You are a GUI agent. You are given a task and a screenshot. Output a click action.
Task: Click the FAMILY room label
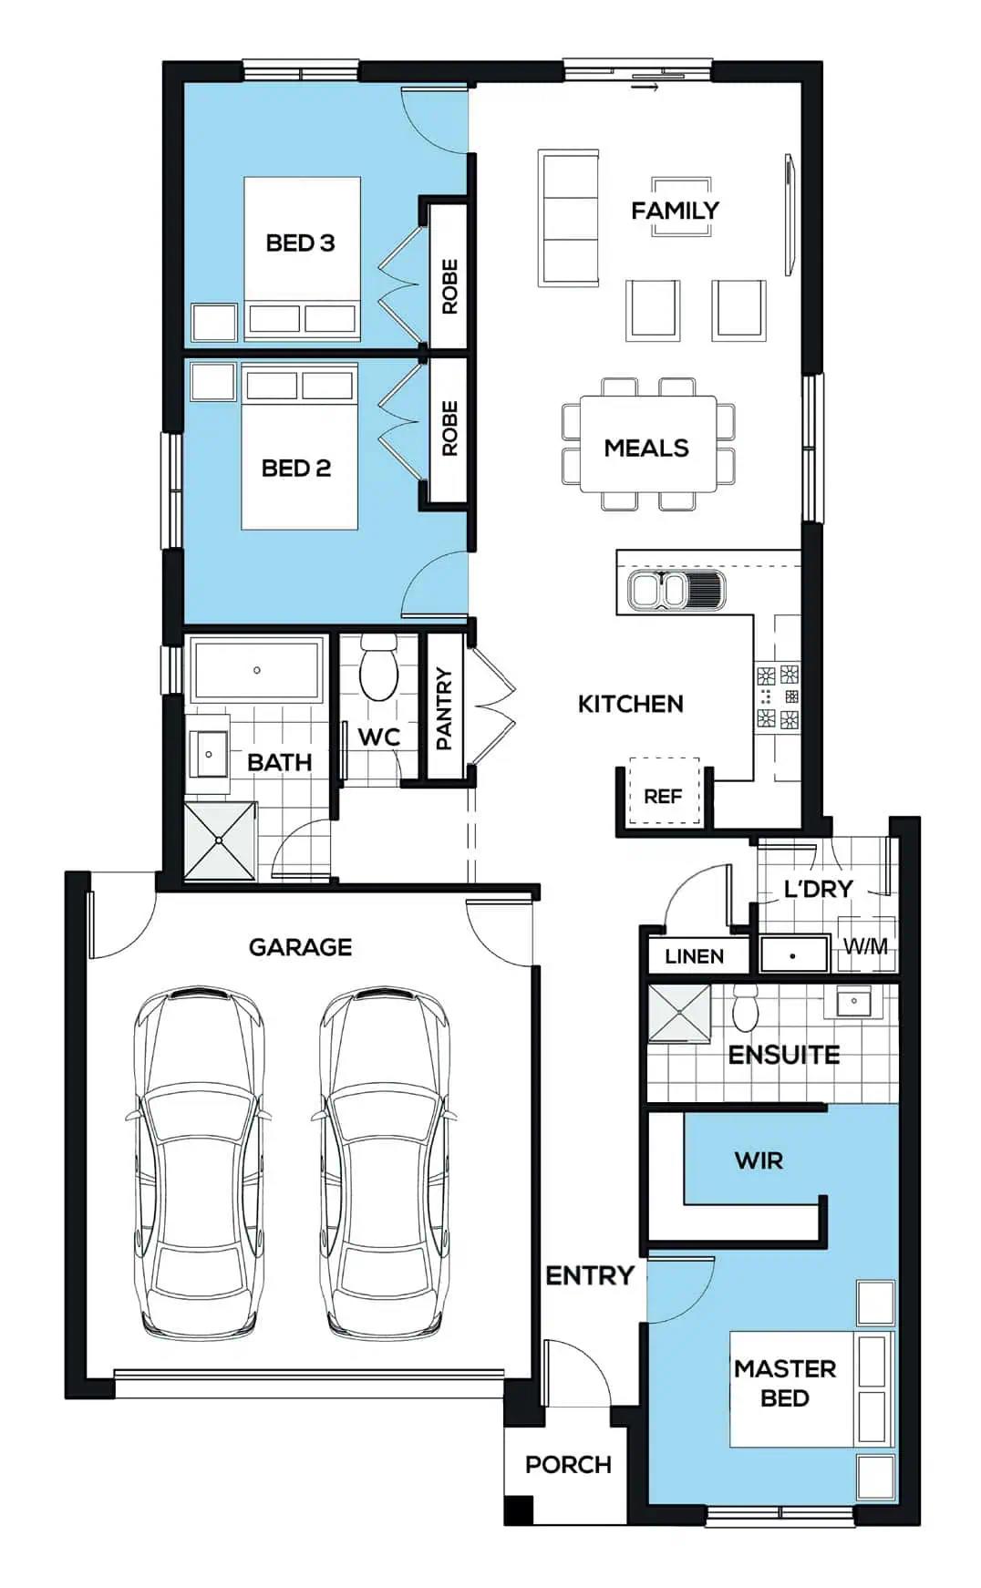coord(675,211)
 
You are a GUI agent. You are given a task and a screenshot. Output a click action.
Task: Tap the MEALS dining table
coord(648,444)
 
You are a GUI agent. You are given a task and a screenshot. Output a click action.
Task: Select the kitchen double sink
coord(676,590)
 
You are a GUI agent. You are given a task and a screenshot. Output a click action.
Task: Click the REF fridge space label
coord(663,796)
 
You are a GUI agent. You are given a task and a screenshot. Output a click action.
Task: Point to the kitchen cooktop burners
coord(778,697)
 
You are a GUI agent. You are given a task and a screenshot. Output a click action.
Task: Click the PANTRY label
coord(444,707)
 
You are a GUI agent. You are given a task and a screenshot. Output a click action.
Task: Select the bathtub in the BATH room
coord(257,670)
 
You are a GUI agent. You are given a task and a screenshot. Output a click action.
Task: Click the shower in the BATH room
coord(220,840)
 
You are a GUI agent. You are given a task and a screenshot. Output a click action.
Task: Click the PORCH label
coord(568,1464)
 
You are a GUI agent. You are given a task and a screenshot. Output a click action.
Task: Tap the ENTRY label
coord(589,1275)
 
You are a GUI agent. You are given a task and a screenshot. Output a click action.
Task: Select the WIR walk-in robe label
coord(759,1160)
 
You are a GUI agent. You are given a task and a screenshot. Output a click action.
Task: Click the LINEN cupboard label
coord(694,956)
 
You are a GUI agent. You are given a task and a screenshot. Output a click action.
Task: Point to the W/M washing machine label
coord(864,946)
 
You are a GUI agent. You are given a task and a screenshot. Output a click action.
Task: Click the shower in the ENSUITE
coord(678,1012)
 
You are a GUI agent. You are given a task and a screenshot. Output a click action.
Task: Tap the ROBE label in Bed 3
coord(449,286)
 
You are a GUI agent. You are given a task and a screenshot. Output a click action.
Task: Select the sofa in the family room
coord(569,218)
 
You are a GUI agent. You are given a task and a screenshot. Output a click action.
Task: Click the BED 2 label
coord(295,468)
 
